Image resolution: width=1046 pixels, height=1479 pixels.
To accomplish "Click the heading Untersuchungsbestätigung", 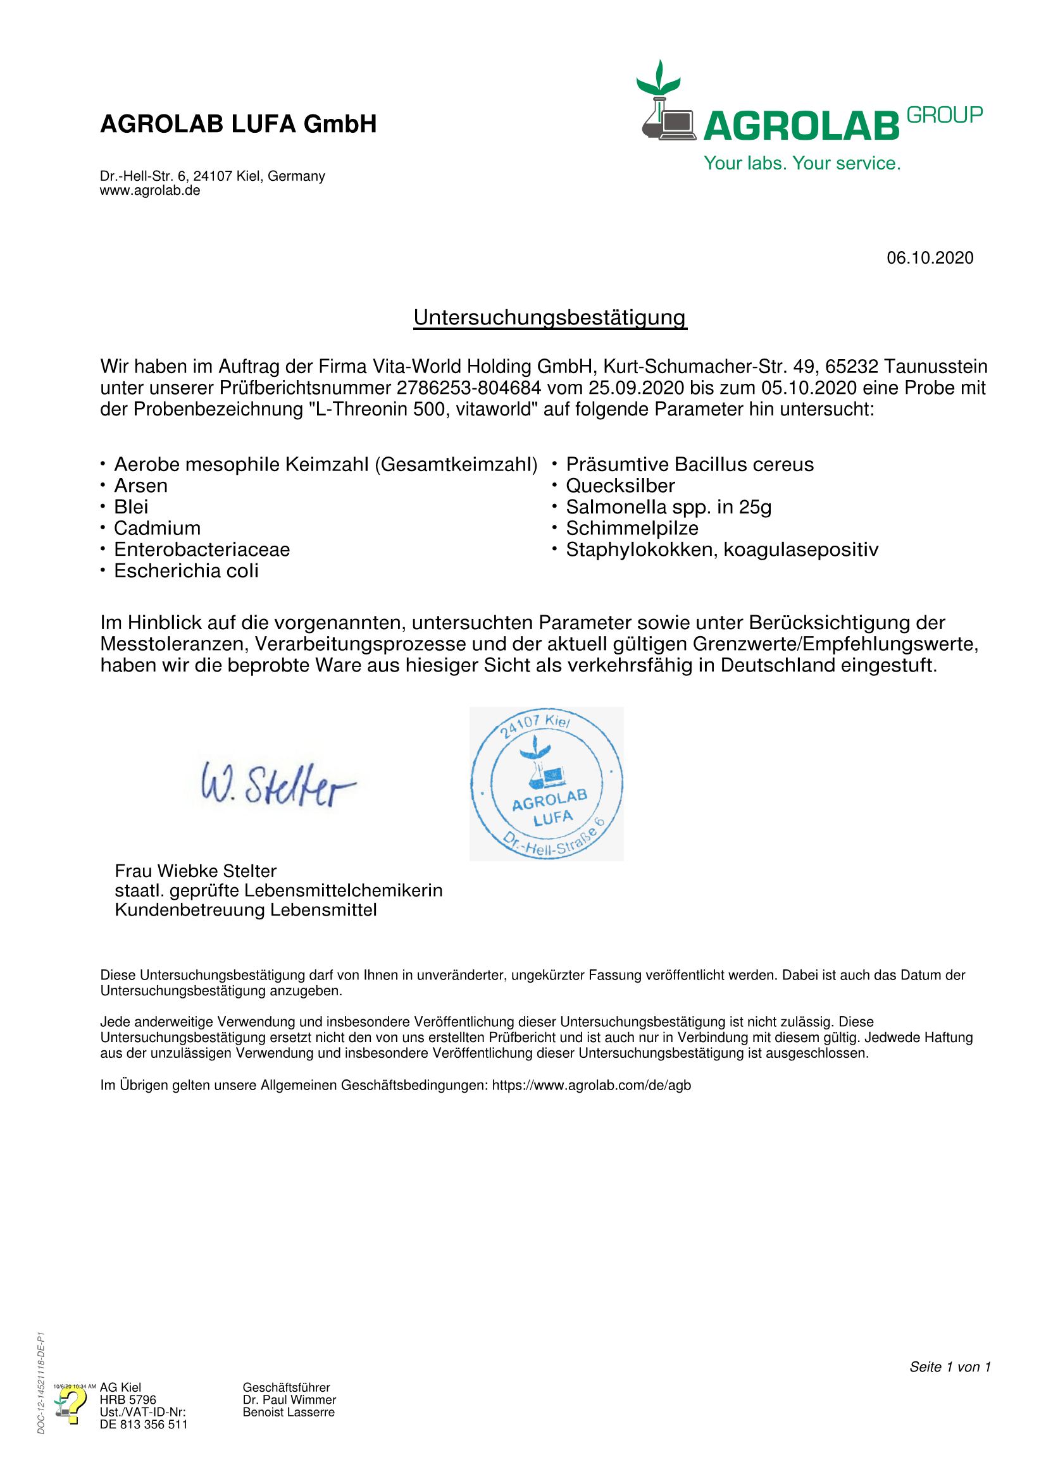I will pos(550,317).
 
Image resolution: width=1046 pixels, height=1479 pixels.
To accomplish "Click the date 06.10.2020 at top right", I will pos(930,257).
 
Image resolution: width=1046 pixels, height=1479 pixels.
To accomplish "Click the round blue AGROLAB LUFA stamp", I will pos(547,783).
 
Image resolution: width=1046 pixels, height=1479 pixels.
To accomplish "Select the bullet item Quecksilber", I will pos(620,486).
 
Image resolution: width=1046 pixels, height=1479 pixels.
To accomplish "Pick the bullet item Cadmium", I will pos(158,528).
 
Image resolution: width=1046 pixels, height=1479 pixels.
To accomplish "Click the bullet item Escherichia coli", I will pos(186,571).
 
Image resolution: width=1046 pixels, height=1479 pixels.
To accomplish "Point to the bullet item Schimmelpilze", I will pos(632,528).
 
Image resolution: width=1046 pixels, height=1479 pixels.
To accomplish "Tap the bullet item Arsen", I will pos(140,486).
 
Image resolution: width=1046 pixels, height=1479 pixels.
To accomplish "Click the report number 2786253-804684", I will pos(468,388).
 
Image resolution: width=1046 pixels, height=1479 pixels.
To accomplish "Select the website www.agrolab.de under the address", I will pos(149,191).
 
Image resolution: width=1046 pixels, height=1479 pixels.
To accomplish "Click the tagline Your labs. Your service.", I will pos(802,163).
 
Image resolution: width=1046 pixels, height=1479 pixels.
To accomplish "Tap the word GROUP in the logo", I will pos(944,114).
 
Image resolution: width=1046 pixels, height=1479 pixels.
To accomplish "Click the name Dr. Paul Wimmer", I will pos(289,1400).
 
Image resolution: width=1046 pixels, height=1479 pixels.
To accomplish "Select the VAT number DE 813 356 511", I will pos(144,1424).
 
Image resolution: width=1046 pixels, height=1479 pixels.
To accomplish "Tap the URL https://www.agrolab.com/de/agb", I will pos(591,1086).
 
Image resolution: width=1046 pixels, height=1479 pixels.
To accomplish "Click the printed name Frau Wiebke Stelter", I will pos(196,871).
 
